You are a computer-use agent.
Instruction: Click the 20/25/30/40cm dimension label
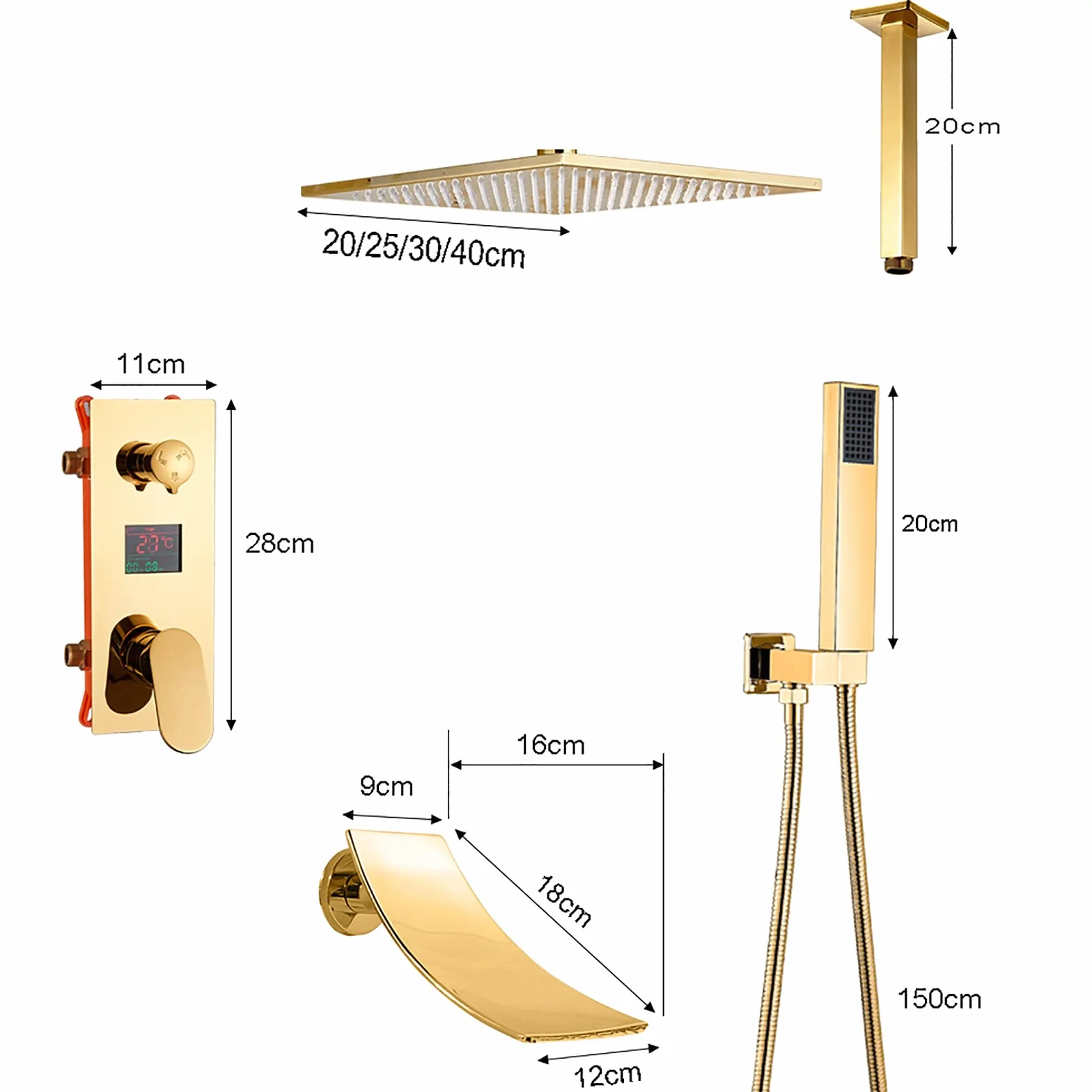[423, 249]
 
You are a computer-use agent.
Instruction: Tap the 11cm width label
[150, 364]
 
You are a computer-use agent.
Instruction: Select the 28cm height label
[279, 543]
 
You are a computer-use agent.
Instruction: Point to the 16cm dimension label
[550, 745]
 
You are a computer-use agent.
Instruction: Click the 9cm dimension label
[387, 786]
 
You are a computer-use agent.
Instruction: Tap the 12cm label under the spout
[607, 1075]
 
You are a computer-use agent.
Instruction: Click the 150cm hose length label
[939, 999]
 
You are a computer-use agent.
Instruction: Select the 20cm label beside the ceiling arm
[962, 126]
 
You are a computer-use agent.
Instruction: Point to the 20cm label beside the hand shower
[930, 524]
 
